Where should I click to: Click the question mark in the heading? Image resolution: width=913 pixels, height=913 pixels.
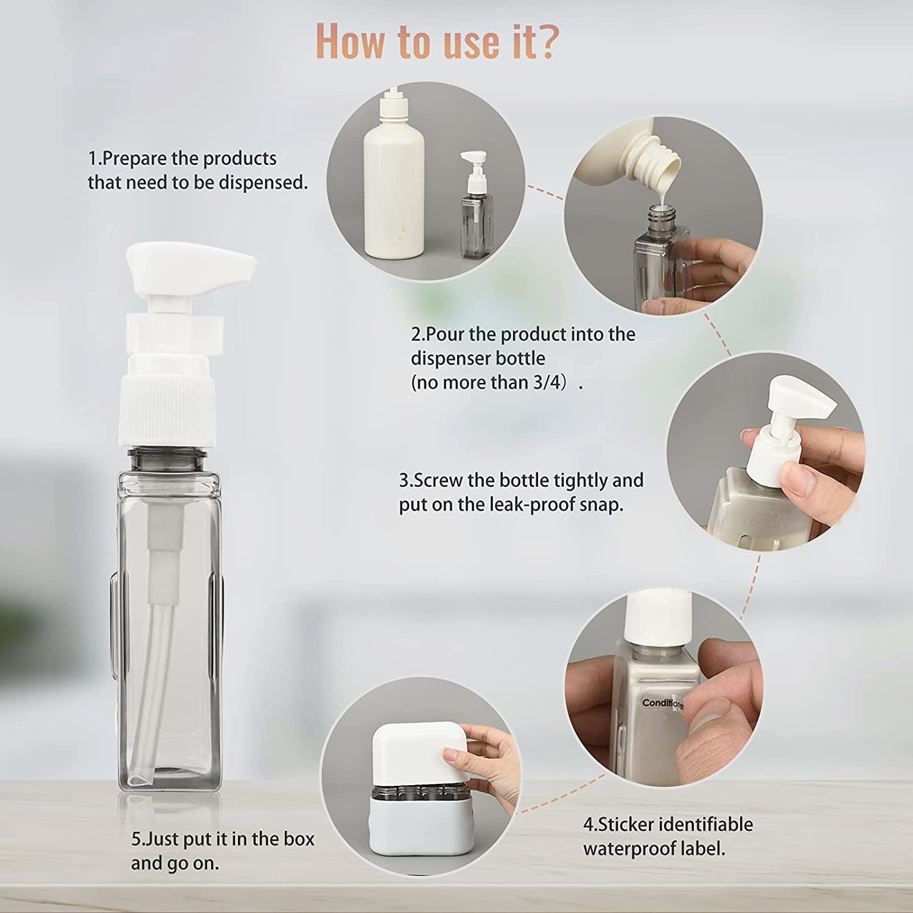(x=544, y=41)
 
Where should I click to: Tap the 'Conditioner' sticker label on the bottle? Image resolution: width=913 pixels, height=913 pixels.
(x=663, y=704)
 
